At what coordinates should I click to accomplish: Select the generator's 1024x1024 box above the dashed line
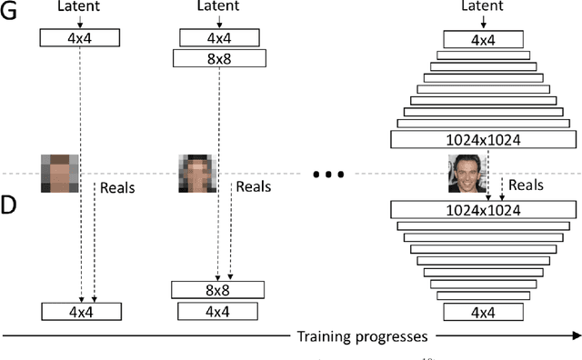[x=484, y=140]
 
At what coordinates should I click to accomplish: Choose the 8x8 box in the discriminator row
[x=218, y=290]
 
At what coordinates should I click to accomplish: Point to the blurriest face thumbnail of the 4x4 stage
[x=59, y=172]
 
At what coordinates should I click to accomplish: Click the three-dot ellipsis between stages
[x=326, y=175]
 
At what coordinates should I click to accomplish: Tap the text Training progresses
[x=362, y=337]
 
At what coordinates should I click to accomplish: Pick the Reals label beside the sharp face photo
[x=526, y=185]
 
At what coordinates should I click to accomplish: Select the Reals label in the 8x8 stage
[x=254, y=187]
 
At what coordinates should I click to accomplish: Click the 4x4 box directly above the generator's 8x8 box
[x=219, y=37]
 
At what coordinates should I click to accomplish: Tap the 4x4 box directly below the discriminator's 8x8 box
[x=218, y=311]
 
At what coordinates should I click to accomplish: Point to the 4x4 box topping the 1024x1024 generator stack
[x=484, y=40]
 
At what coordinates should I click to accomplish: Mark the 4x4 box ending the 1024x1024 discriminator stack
[x=484, y=313]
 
